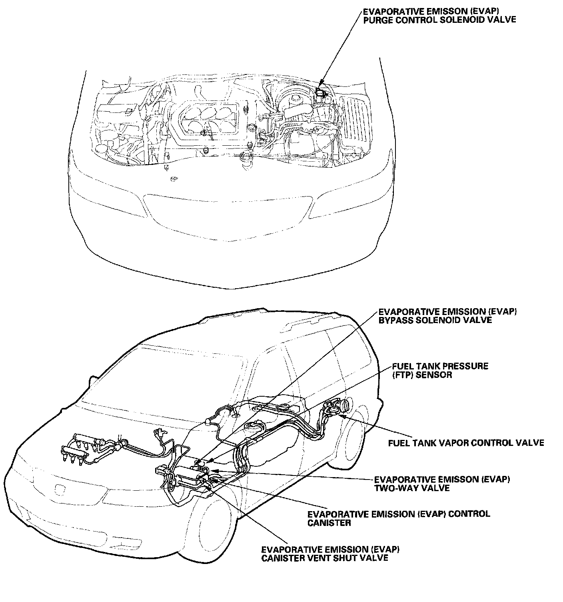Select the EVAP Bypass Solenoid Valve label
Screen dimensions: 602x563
[447, 316]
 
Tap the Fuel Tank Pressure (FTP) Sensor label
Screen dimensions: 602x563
[440, 371]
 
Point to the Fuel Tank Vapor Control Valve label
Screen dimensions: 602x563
[466, 443]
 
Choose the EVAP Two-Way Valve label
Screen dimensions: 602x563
[442, 484]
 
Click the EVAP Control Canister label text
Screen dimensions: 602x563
[398, 518]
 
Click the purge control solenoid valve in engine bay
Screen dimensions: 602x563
[320, 92]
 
